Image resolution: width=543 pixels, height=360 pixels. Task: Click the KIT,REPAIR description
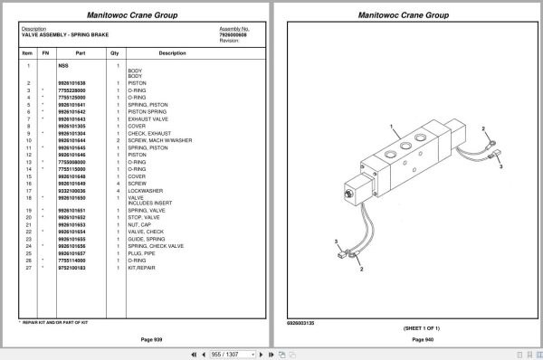(x=143, y=269)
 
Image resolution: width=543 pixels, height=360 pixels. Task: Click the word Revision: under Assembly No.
(x=229, y=41)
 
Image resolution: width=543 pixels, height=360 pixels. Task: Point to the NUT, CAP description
(x=141, y=224)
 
